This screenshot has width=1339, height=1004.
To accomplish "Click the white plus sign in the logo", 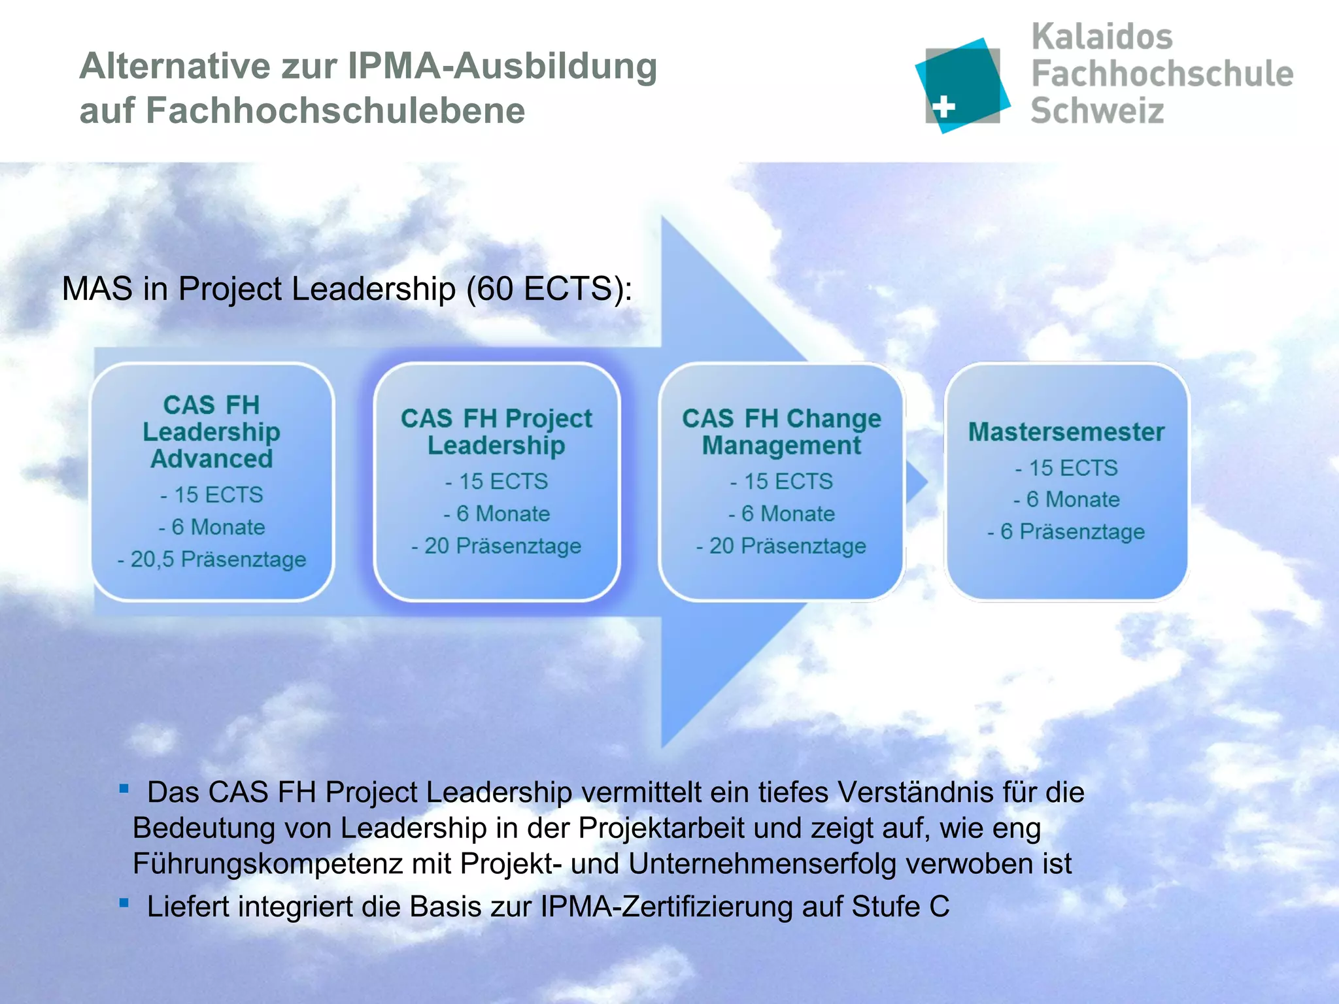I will [943, 107].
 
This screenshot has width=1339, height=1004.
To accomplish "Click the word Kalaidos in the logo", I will [1102, 37].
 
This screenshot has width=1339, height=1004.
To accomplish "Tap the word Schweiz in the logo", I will [1097, 110].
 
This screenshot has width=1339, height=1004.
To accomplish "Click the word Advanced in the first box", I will [212, 459].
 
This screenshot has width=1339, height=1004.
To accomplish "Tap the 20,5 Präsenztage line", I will [212, 560].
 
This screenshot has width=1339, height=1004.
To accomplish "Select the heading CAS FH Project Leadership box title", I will [496, 431].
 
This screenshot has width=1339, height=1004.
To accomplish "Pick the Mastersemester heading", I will [1066, 432].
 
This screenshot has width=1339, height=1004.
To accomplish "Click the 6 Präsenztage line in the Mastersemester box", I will [1066, 531].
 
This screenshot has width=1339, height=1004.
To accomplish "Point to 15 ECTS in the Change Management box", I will [782, 482].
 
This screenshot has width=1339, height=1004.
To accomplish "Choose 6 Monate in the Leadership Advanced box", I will [212, 527].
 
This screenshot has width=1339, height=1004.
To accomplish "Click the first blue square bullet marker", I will [124, 789].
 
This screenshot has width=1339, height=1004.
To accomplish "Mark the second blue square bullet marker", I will [124, 903].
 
